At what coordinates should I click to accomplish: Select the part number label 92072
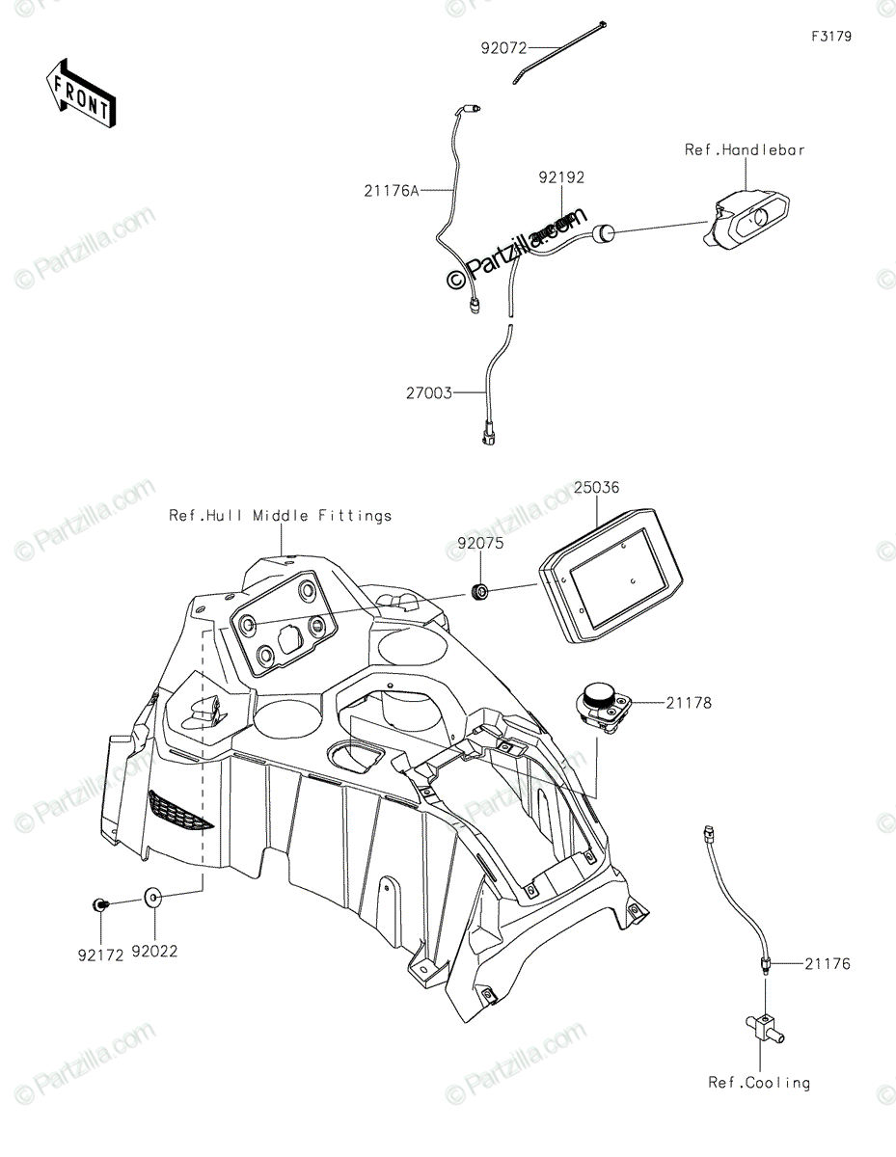pyautogui.click(x=504, y=45)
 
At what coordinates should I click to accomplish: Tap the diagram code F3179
pyautogui.click(x=830, y=37)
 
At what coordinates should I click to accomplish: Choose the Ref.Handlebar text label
pyautogui.click(x=745, y=149)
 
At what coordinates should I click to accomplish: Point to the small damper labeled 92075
pyautogui.click(x=477, y=590)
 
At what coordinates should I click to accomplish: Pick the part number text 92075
pyautogui.click(x=479, y=543)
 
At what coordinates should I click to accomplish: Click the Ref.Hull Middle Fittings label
pyautogui.click(x=281, y=516)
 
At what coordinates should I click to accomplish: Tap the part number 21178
pyautogui.click(x=688, y=703)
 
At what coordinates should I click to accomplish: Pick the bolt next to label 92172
pyautogui.click(x=98, y=904)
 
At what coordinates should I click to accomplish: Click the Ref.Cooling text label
pyautogui.click(x=759, y=1083)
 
